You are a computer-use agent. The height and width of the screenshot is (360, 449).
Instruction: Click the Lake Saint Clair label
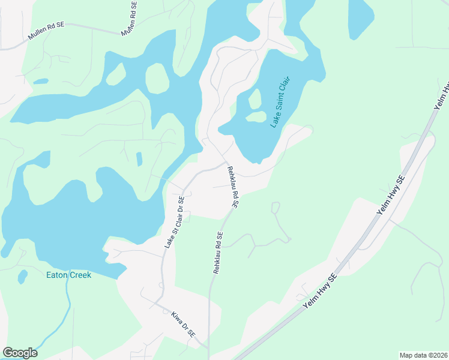[280, 101]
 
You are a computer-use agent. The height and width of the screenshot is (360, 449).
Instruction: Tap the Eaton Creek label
[69, 275]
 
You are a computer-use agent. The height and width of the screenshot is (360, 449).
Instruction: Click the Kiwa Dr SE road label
[184, 325]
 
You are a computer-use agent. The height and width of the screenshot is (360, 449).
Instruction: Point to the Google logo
[20, 353]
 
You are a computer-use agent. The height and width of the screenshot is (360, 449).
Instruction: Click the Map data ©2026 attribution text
[423, 355]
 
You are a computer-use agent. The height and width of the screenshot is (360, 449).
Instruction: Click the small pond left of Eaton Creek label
[23, 277]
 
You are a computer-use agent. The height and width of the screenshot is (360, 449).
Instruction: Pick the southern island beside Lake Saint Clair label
[256, 116]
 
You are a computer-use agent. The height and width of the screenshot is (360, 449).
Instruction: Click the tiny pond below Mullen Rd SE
[41, 81]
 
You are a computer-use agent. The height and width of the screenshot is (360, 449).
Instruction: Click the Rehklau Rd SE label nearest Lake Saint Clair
[232, 187]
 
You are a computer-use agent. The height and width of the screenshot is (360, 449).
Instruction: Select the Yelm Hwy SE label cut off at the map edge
[443, 94]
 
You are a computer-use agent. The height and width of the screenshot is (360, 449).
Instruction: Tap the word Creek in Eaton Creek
[79, 275]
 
